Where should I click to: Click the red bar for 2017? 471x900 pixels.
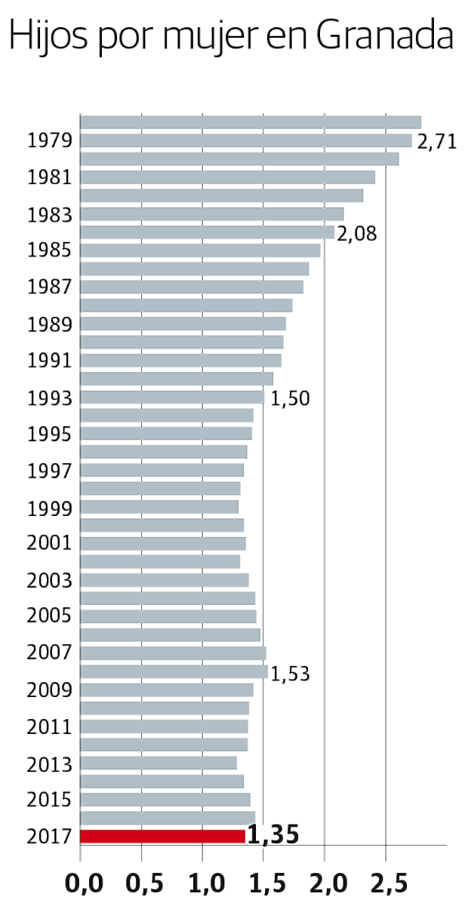[163, 836]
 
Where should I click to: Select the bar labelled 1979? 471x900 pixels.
[246, 140]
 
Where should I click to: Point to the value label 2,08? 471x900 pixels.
[356, 234]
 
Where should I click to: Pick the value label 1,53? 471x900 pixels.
[290, 674]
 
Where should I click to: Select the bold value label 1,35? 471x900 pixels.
[273, 835]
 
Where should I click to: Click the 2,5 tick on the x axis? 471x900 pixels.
[386, 880]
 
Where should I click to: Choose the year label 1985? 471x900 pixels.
[49, 250]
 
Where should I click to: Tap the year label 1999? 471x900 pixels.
[49, 508]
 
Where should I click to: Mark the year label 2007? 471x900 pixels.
[49, 653]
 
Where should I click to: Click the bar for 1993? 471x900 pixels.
[172, 397]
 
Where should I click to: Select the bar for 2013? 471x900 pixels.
[159, 763]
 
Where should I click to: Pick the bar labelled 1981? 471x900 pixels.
[227, 177]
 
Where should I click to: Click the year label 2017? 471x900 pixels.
[49, 836]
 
